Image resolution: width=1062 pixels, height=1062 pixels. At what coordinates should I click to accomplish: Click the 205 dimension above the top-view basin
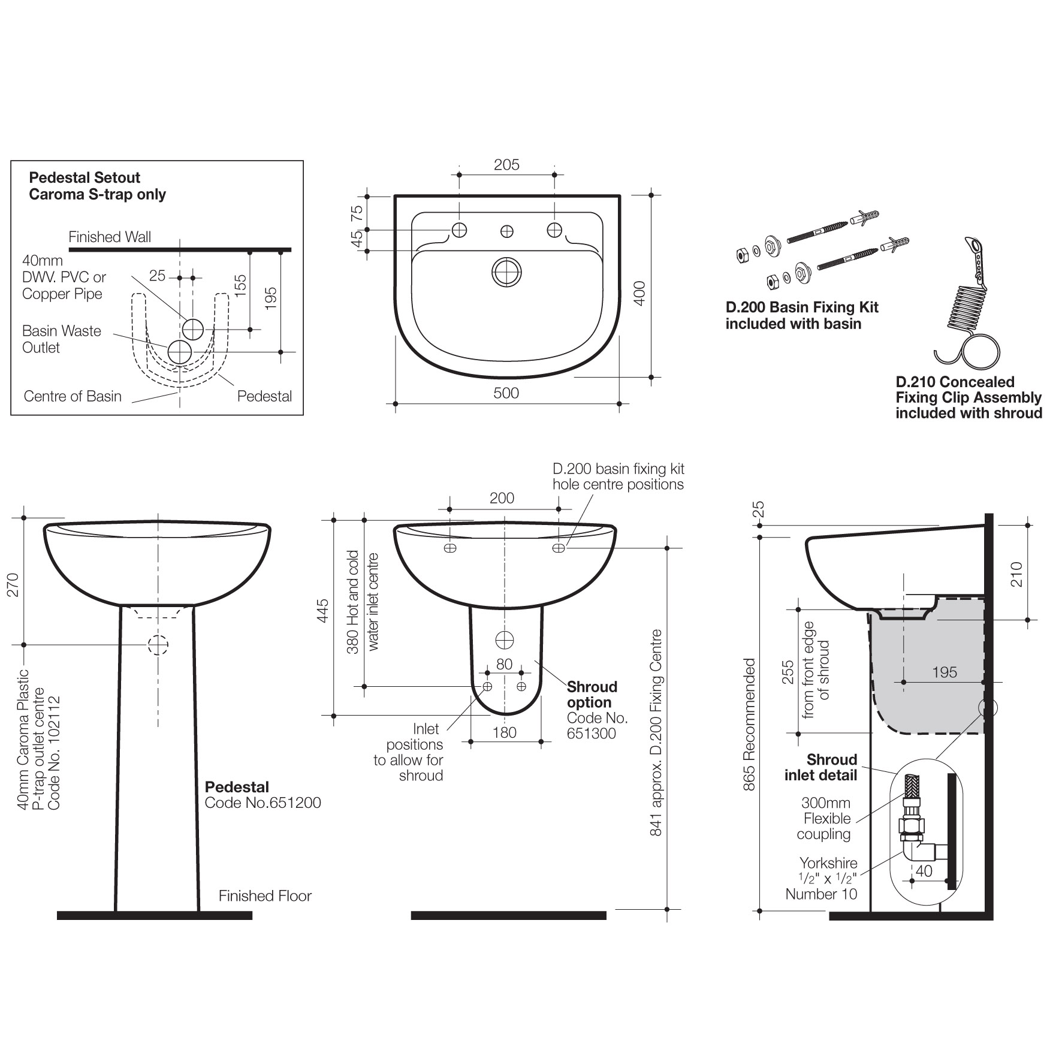506,165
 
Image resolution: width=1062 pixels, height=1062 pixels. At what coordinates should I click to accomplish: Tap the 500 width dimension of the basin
506,393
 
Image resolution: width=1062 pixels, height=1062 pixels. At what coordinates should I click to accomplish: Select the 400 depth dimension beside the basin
639,294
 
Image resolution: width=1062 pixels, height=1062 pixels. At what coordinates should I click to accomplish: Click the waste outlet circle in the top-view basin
507,273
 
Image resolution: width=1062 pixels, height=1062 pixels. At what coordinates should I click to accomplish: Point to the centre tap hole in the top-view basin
507,231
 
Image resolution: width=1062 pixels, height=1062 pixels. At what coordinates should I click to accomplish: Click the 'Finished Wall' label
110,237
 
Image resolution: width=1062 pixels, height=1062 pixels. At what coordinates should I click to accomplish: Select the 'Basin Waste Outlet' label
61,339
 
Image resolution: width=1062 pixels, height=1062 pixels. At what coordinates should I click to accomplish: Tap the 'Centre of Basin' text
73,396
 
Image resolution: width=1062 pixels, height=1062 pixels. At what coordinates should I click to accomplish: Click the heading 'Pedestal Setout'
85,178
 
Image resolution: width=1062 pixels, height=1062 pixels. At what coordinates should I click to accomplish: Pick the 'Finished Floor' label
265,896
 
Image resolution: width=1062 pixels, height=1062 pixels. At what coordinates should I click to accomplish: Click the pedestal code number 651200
263,803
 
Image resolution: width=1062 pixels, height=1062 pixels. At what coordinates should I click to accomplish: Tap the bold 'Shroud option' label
592,695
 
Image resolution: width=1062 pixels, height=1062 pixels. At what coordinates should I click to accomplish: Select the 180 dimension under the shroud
505,732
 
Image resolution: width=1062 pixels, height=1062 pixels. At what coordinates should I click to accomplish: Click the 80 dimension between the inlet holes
505,664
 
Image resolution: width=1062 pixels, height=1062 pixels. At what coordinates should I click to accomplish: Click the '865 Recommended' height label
749,725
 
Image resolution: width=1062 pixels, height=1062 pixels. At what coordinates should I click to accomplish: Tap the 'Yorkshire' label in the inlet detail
828,863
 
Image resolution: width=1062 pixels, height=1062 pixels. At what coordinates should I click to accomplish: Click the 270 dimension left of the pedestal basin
13,584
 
